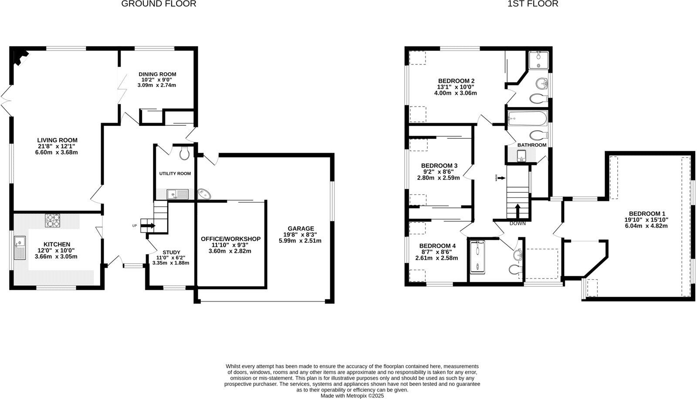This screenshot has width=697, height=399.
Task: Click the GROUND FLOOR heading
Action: (x=159, y=4)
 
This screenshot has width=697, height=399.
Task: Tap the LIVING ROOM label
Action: (x=57, y=140)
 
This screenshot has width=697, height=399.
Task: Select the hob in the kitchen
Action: (x=53, y=220)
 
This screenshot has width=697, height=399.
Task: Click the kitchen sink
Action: (x=20, y=248)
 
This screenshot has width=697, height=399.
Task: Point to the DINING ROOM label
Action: (x=157, y=74)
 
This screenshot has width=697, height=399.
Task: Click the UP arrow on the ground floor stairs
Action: (x=149, y=225)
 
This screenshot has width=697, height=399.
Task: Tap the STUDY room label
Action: (x=171, y=252)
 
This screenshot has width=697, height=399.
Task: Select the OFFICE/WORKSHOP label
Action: (x=230, y=239)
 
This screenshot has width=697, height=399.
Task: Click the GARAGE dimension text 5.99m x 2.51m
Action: (x=300, y=241)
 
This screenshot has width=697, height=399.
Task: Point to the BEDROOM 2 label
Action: (x=456, y=80)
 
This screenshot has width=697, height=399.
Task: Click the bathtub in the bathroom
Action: (x=527, y=118)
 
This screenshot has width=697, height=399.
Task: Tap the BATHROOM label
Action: (x=532, y=145)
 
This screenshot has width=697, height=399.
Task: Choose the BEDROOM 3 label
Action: (x=439, y=166)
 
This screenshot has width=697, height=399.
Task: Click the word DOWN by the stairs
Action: (x=518, y=223)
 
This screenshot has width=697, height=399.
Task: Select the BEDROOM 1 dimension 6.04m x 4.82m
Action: (x=646, y=226)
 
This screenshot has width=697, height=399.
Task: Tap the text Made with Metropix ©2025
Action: (x=352, y=396)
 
